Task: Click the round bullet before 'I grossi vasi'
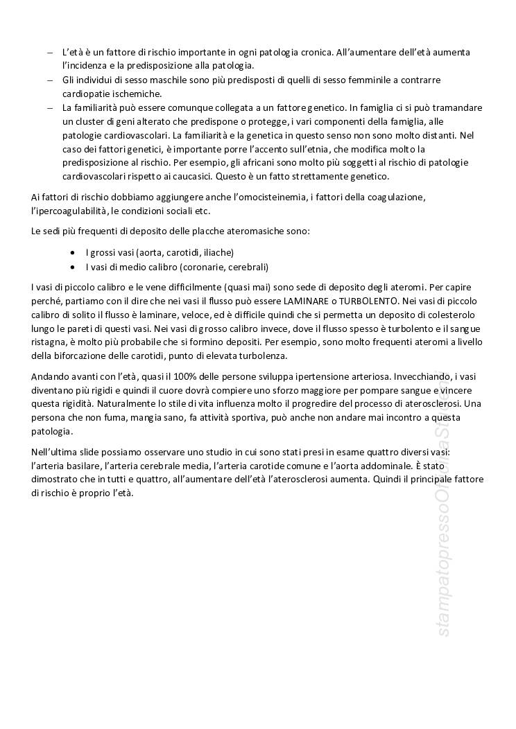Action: [74, 253]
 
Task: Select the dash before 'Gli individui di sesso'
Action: [49, 80]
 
